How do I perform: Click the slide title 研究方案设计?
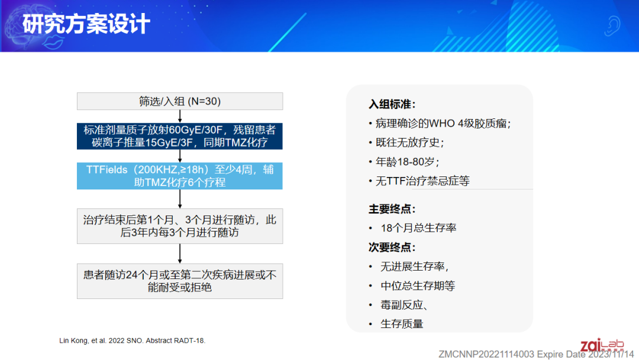click(86, 24)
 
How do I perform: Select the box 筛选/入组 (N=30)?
click(180, 101)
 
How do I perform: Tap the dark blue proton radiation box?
click(180, 136)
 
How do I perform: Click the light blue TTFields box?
click(180, 176)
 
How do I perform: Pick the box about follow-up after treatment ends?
click(180, 226)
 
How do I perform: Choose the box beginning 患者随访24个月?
click(180, 281)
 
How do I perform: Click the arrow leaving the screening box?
click(180, 116)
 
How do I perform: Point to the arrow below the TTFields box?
click(180, 199)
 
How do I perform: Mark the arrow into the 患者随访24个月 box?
click(180, 253)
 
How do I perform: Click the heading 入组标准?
click(392, 104)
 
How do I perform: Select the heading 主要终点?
click(392, 209)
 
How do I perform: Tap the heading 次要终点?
click(392, 247)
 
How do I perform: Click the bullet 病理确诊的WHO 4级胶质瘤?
click(440, 124)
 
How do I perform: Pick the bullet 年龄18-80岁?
click(404, 162)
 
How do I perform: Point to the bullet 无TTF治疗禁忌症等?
click(419, 181)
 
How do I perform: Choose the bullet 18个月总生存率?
click(412, 228)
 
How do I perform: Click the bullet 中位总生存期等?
click(412, 286)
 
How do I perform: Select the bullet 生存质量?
click(396, 324)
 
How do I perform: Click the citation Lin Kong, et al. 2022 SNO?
click(133, 340)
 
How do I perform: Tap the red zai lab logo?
click(602, 345)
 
